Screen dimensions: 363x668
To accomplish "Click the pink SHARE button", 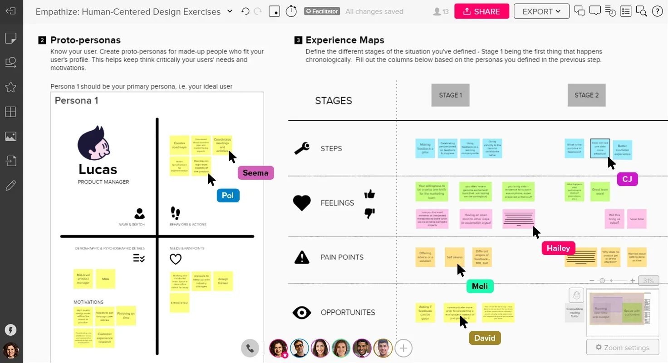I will pyautogui.click(x=481, y=12).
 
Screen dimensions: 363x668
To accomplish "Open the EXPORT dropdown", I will pyautogui.click(x=541, y=12).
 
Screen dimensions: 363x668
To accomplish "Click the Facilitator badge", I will pyautogui.click(x=322, y=11).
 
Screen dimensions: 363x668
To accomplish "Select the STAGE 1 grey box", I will pyautogui.click(x=450, y=95).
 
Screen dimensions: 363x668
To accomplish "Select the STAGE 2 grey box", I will pyautogui.click(x=586, y=95).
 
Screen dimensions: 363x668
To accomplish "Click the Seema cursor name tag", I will pyautogui.click(x=255, y=173).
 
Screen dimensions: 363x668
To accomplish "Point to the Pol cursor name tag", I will pyautogui.click(x=228, y=196).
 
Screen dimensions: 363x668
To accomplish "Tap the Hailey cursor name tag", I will pyautogui.click(x=558, y=248).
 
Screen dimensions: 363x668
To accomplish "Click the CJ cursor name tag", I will pyautogui.click(x=627, y=179).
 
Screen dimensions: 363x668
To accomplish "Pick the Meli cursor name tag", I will pyautogui.click(x=480, y=286).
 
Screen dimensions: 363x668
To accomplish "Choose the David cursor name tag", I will pyautogui.click(x=485, y=338).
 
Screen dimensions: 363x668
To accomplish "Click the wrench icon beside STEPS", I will pyautogui.click(x=302, y=148).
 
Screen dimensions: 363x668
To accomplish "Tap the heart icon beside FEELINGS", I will pyautogui.click(x=302, y=203).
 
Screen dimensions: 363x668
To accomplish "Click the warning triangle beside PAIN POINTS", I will pyautogui.click(x=302, y=257).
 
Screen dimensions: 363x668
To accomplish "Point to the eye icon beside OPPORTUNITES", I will pyautogui.click(x=302, y=313).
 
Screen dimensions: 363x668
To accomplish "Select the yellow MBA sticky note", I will pyautogui.click(x=106, y=279).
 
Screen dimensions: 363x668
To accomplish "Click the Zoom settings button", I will pyautogui.click(x=622, y=348).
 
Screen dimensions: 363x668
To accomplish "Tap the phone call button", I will pyautogui.click(x=250, y=348).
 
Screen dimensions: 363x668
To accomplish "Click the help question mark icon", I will pyautogui.click(x=657, y=12).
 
